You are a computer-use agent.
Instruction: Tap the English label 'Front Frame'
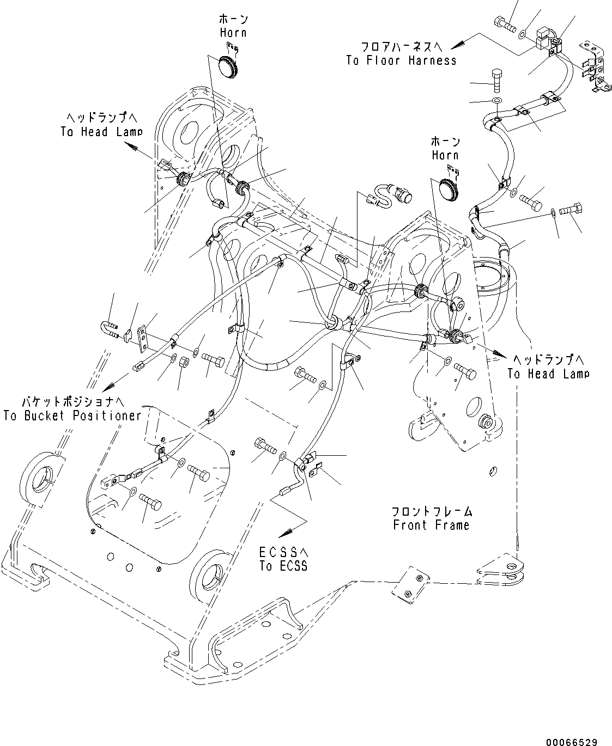pos(431,525)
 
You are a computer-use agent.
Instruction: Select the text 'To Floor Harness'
pos(401,60)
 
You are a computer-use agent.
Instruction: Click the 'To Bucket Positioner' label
pos(72,415)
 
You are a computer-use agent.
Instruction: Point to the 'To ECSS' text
pos(283,566)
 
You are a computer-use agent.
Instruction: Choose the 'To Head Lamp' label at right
pos(548,374)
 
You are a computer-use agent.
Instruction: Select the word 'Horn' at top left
pos(233,32)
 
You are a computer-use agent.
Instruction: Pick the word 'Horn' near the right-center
pos(445,155)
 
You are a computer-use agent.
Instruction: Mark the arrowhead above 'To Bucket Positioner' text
pos(108,384)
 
